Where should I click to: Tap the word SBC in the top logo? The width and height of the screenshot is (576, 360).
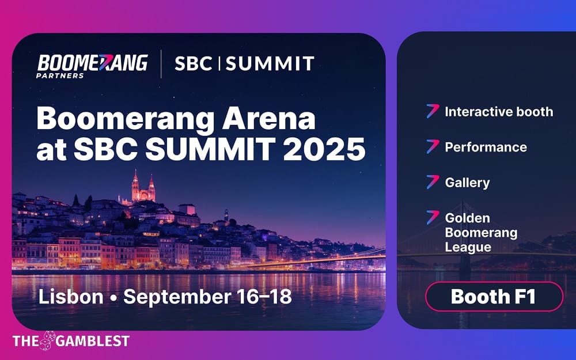pos(193,63)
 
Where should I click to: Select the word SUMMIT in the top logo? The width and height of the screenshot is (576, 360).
pos(270,63)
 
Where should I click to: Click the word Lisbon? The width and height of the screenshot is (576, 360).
pos(71,297)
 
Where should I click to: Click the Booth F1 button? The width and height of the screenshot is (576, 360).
pos(493,297)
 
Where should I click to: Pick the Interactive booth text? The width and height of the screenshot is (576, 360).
pos(499,112)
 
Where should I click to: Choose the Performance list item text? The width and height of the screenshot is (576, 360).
pos(486,147)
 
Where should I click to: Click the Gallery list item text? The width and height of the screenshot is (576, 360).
pos(467,183)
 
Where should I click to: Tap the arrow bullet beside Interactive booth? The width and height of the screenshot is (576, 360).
pos(433,111)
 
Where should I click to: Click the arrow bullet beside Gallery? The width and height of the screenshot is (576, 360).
pos(433,183)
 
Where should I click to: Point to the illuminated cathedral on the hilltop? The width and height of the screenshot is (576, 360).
pos(143,188)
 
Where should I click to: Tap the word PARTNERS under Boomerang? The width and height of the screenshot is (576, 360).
pos(60,75)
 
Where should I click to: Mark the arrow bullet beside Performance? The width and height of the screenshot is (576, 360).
pos(433,147)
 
